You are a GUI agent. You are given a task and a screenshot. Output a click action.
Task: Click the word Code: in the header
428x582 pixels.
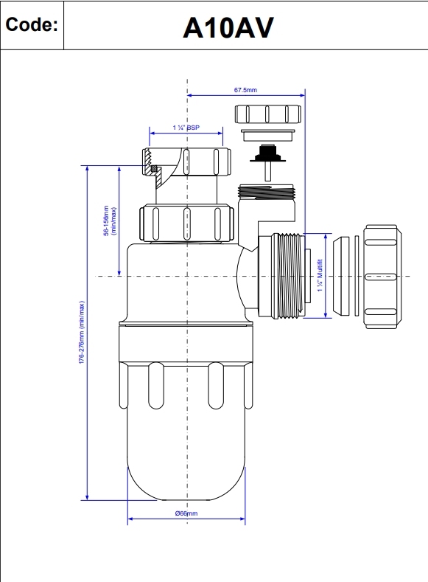(31, 26)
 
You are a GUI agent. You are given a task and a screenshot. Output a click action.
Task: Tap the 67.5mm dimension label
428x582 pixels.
(245, 90)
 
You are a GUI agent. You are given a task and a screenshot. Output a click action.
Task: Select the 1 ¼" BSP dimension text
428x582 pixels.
(186, 128)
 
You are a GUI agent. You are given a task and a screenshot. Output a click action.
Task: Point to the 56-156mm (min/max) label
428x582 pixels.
(110, 221)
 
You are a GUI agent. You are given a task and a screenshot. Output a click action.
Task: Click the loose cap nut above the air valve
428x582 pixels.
(267, 114)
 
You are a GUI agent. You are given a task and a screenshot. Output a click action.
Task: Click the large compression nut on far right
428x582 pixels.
(382, 276)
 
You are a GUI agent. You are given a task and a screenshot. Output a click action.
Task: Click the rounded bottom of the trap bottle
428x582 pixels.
(186, 472)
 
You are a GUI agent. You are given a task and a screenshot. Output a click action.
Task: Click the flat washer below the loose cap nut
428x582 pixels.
(267, 136)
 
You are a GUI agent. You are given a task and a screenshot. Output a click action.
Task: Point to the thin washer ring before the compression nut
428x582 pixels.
(358, 275)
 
